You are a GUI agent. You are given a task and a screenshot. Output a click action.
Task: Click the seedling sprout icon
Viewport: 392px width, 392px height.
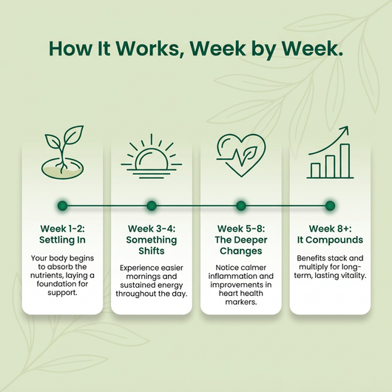click(63, 152)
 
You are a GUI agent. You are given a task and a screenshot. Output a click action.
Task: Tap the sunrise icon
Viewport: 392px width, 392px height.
click(151, 157)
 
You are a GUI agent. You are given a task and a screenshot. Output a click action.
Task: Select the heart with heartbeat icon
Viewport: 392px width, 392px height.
click(241, 155)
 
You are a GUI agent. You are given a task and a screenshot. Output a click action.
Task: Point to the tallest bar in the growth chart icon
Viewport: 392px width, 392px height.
click(345, 160)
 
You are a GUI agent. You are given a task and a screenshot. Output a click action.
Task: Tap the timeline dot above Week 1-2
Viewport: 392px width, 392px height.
click(63, 206)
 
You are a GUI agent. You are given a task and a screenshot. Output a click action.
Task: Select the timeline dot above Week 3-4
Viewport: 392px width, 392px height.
click(152, 206)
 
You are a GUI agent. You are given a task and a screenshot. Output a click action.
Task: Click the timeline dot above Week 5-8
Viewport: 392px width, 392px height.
click(241, 206)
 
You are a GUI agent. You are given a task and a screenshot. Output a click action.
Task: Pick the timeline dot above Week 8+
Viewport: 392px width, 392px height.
click(330, 206)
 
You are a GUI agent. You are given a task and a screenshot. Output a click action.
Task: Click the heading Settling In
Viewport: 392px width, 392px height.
click(63, 240)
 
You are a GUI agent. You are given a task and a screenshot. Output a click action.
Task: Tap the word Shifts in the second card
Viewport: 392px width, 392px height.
click(152, 251)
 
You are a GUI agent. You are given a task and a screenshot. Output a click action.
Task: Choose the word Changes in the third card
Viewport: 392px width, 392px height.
click(241, 251)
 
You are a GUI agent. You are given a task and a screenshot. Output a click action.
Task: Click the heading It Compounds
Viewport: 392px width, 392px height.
click(330, 240)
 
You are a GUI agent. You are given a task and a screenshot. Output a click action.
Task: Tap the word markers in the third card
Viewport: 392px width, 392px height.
click(241, 302)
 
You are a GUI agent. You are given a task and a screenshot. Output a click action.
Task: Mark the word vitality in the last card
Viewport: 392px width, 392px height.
click(352, 275)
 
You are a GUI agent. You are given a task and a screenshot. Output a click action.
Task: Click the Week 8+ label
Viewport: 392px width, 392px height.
click(330, 229)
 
